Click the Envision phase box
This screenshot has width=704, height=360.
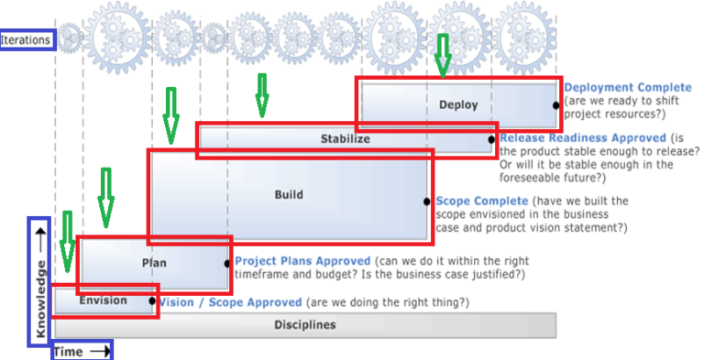tap(104, 300)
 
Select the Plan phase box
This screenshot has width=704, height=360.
tap(153, 263)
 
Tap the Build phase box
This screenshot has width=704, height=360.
tap(288, 195)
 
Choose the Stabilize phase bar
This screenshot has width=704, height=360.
tap(346, 140)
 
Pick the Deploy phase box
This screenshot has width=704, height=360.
tap(458, 104)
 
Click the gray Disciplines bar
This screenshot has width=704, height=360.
tap(304, 325)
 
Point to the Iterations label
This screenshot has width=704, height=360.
tap(27, 39)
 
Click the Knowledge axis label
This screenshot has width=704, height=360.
tap(39, 282)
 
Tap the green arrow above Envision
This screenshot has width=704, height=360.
tap(67, 242)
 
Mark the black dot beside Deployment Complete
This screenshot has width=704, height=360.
tap(556, 105)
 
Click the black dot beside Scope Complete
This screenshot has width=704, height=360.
tap(427, 201)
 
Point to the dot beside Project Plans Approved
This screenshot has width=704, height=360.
tap(227, 263)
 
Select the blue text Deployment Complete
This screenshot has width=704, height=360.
tap(628, 88)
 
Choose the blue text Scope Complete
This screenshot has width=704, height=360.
tap(481, 201)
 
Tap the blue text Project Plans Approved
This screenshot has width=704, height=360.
tap(302, 261)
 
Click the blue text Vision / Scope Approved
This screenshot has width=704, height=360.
tap(230, 302)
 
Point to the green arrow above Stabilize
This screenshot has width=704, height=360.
tap(262, 95)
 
